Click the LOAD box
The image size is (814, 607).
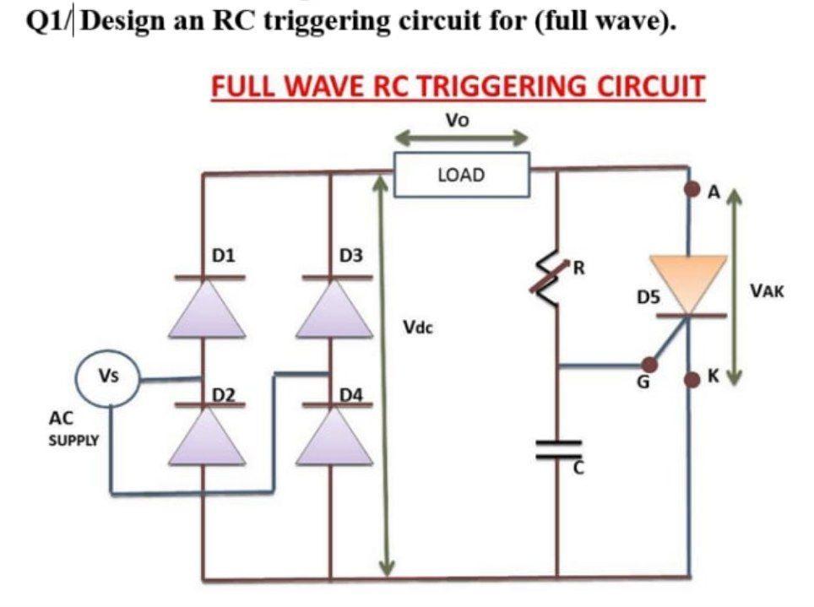click(x=462, y=175)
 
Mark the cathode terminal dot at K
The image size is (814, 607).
click(x=690, y=377)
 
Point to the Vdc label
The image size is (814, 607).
click(x=417, y=327)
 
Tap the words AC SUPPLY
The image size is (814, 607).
click(x=73, y=429)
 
